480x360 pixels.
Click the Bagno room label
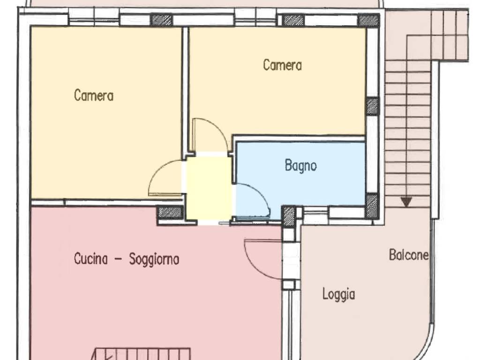(x=300, y=165)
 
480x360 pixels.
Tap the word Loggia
(x=338, y=294)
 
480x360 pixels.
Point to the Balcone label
(x=409, y=255)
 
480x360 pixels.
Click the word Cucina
(x=91, y=259)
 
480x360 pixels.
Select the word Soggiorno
(x=154, y=260)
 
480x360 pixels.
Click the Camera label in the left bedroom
(x=94, y=95)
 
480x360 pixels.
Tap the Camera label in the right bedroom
(x=282, y=65)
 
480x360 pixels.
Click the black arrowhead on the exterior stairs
(x=406, y=202)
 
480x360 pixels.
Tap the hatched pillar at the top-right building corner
(x=368, y=20)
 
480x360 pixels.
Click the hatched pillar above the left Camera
(x=162, y=20)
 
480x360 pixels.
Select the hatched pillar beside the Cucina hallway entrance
(x=171, y=212)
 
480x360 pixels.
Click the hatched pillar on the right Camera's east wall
(x=373, y=106)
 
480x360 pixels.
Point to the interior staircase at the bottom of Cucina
(x=142, y=354)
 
